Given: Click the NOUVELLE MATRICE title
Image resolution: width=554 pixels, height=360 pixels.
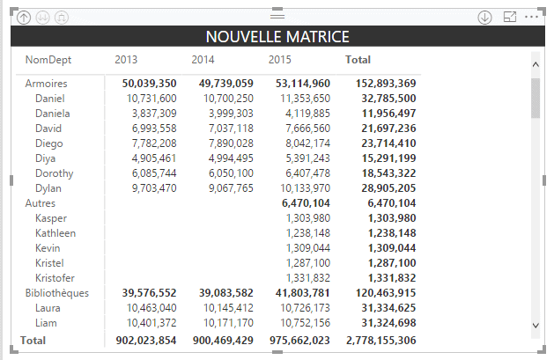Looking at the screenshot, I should point(277,36).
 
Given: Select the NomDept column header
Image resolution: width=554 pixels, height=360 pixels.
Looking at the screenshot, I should point(48,60).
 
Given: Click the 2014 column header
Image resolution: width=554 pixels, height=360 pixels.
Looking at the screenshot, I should point(203,60).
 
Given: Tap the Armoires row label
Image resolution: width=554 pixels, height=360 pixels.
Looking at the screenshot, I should point(47,84).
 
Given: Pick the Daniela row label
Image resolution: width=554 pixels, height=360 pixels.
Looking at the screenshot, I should point(53,114).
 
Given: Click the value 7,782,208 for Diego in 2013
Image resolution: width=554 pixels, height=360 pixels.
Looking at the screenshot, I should point(151,143).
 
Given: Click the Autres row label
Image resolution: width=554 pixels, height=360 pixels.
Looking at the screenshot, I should point(41,203).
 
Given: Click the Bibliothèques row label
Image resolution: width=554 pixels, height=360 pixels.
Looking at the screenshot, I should point(56,293).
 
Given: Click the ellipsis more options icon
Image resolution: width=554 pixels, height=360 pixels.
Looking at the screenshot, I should point(531,17).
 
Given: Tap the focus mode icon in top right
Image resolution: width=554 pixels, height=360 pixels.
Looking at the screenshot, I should point(509,17).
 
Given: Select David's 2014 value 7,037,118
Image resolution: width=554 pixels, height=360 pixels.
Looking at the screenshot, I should point(228,129).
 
